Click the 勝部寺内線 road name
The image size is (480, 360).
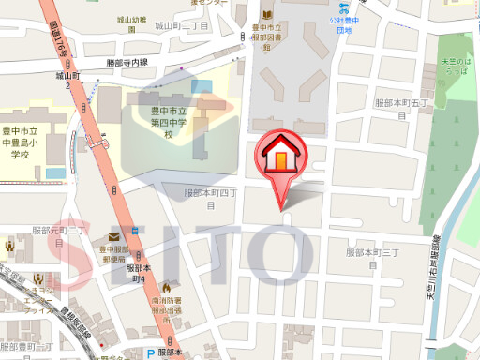[x=127, y=63]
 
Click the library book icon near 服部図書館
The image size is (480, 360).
[x=266, y=14]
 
